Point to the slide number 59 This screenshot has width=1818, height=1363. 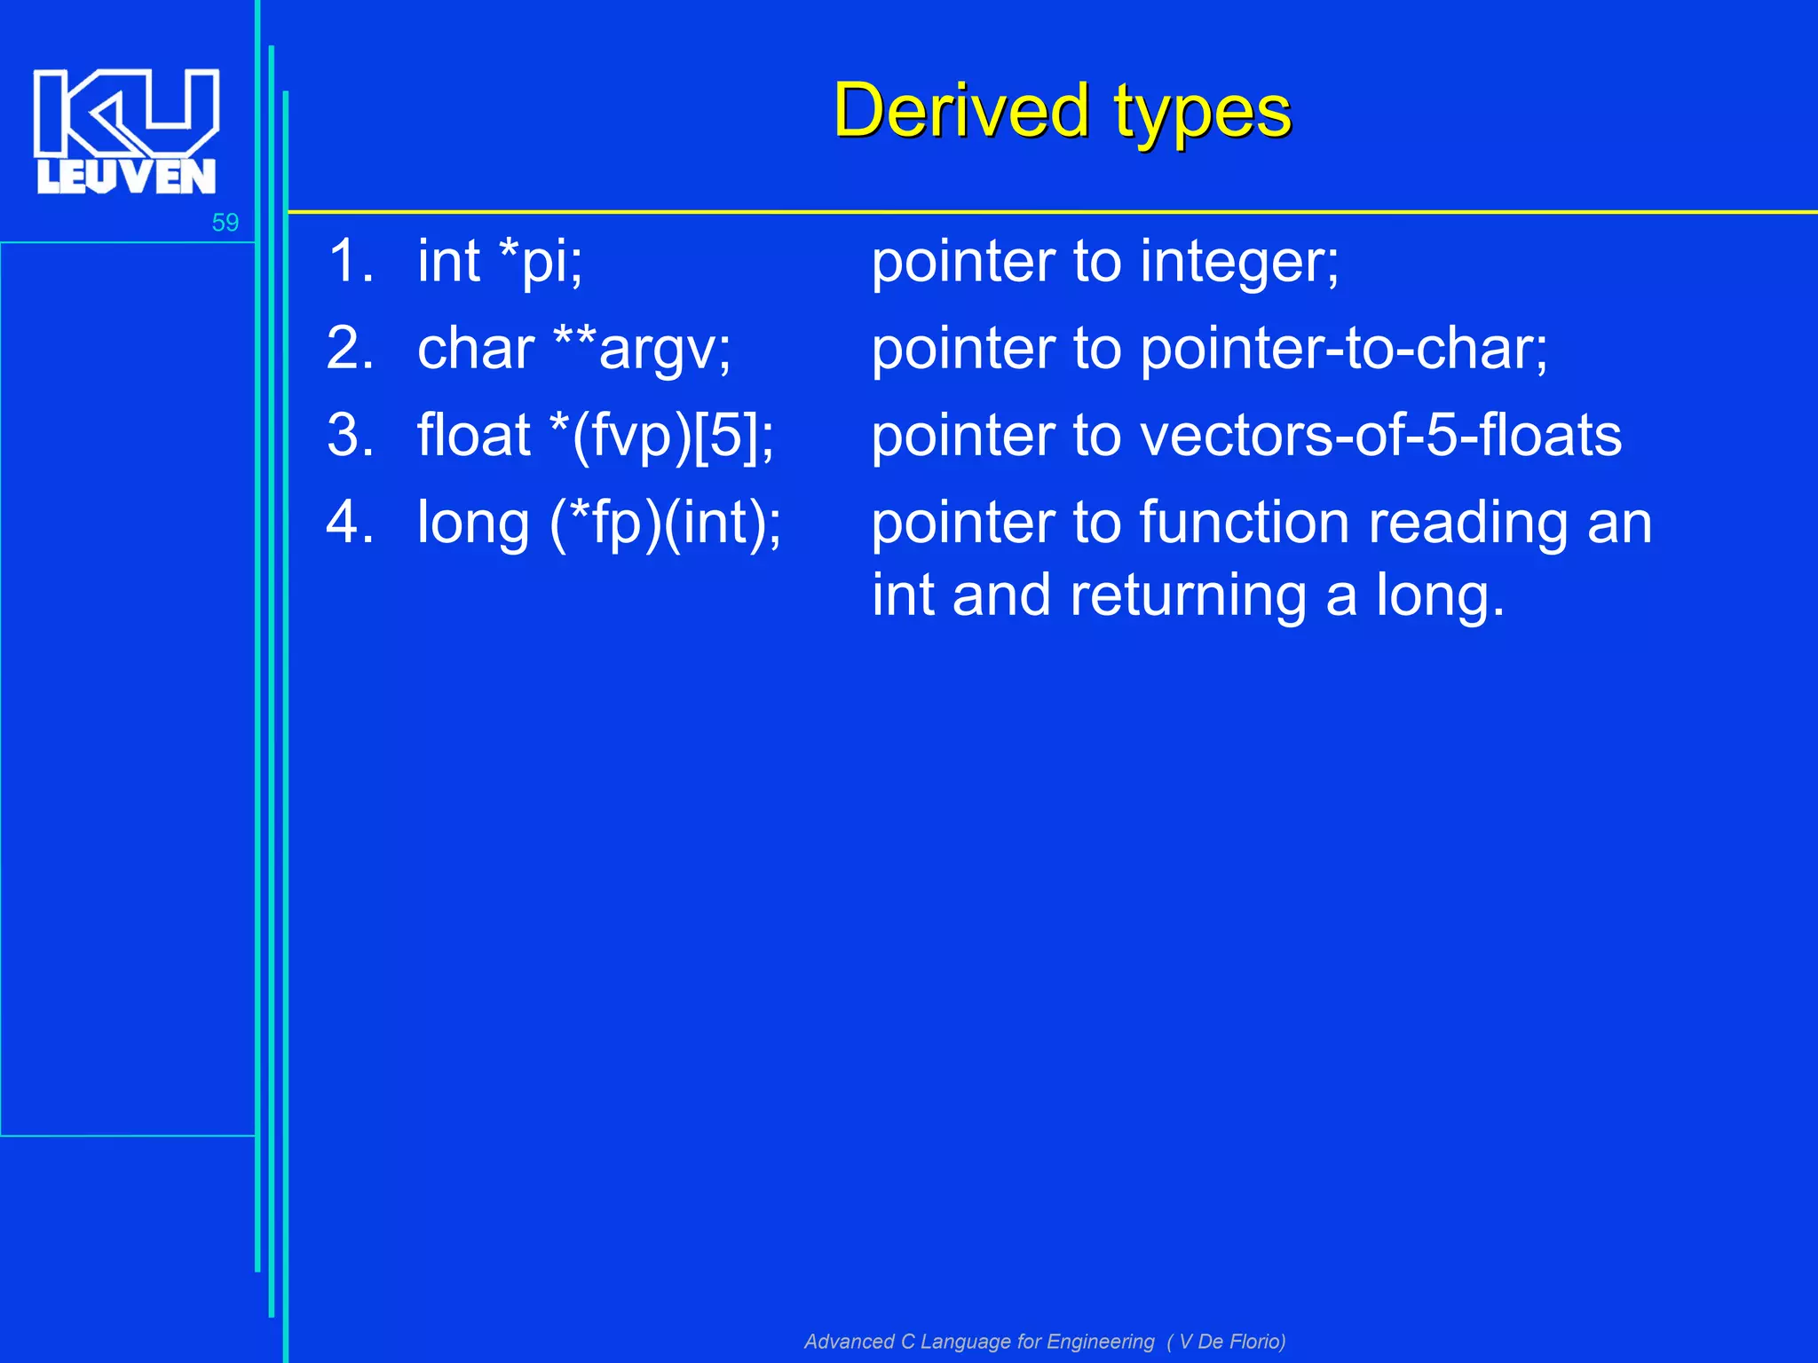[225, 222]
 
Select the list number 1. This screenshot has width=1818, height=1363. [350, 262]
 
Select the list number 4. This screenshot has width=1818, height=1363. [350, 523]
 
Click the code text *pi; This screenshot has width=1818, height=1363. [541, 262]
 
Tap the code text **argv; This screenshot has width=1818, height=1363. [642, 349]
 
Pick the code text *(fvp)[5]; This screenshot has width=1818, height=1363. [662, 436]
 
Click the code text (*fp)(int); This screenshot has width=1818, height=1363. [666, 523]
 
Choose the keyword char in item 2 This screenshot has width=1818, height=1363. [476, 349]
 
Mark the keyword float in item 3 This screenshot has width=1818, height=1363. [474, 436]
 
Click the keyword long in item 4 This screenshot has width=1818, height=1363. [473, 524]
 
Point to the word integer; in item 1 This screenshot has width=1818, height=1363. [1240, 264]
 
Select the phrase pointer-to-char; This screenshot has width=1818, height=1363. [1344, 349]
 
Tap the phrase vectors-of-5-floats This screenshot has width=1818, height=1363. [1380, 436]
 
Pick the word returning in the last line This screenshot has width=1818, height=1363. [1188, 595]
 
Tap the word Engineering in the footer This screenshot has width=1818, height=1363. [1101, 1342]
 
